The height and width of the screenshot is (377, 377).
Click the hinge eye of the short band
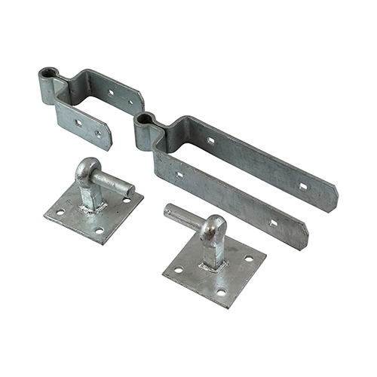[x=49, y=75]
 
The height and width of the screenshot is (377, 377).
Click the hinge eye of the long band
[x=146, y=121]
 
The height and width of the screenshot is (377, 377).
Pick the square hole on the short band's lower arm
[x=78, y=120]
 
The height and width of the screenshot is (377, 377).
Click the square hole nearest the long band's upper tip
[x=302, y=185]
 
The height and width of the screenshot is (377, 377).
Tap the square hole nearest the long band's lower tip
[x=273, y=222]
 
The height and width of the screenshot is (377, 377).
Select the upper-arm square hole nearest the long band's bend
[x=210, y=140]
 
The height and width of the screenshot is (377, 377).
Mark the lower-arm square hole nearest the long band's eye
[x=179, y=175]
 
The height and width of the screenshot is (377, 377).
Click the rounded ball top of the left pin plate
[x=87, y=167]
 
